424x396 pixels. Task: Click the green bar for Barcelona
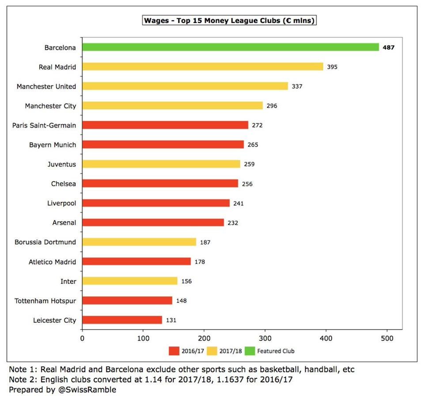[x=231, y=47]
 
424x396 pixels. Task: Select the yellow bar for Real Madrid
[x=203, y=67]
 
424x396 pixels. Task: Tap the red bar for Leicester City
[x=122, y=320]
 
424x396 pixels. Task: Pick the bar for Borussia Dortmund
[x=139, y=242]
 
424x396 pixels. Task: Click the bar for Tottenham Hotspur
[x=127, y=301]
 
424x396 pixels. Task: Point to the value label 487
[x=389, y=47]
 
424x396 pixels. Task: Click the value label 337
[x=297, y=86]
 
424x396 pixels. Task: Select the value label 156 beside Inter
[x=186, y=281]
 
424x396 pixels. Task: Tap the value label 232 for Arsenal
[x=233, y=223]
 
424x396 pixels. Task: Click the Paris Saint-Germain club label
[x=44, y=126]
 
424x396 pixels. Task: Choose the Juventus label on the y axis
[x=62, y=164]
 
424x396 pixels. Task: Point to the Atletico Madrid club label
[x=52, y=262]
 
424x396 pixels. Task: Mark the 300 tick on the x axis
[x=265, y=338]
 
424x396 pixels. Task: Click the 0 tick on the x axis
[x=82, y=338]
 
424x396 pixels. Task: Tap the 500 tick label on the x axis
[x=387, y=338]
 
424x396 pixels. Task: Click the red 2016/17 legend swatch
[x=174, y=351]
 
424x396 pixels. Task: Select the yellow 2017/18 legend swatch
[x=212, y=351]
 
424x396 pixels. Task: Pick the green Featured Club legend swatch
[x=250, y=351]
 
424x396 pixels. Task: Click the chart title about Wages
[x=229, y=21]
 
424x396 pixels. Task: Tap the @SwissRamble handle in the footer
[x=87, y=390]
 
